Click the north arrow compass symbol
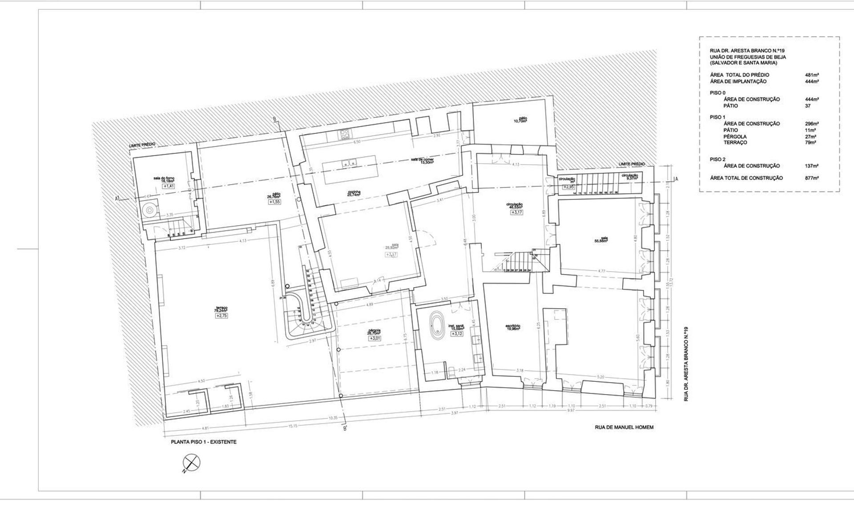pos(192,463)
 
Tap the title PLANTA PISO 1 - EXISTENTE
pos(204,442)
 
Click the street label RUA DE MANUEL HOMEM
pos(624,428)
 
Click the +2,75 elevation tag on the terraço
pos(222,316)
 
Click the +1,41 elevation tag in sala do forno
pos(168,186)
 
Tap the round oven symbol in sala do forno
pos(150,210)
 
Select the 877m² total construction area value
pos(812,178)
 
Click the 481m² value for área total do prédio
pos(812,75)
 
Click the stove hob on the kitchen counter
pos(344,134)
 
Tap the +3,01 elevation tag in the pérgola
pos(374,339)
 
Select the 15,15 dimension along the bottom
pos(292,426)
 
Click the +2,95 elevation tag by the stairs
pos(568,187)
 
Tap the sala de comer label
pos(422,160)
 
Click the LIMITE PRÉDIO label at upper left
pos(142,145)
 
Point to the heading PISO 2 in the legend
pos(717,159)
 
